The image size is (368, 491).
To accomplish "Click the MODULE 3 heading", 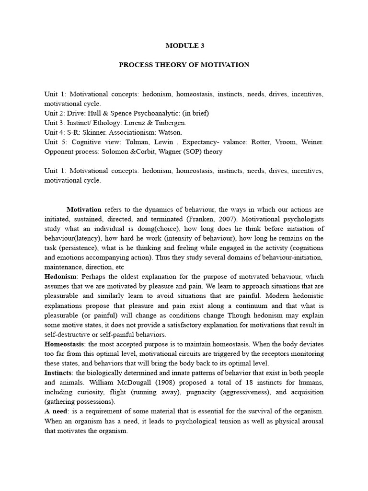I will [184, 46].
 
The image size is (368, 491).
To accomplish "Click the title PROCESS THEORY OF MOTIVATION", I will [184, 65].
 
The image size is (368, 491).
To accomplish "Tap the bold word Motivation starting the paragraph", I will [84, 210].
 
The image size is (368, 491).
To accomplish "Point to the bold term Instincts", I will [58, 373].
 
